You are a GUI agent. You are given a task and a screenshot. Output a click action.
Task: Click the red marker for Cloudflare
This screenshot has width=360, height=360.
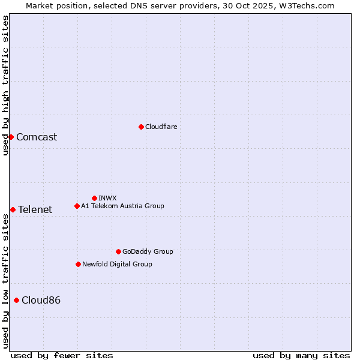(x=141, y=127)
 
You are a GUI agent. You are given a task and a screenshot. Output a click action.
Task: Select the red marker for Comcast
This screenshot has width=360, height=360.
(x=11, y=137)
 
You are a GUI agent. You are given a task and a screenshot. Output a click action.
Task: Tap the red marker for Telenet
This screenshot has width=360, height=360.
(x=13, y=209)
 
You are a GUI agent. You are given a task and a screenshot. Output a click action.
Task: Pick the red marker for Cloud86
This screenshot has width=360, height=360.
(x=16, y=300)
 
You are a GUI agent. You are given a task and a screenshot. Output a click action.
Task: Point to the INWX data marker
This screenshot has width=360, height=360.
(x=94, y=198)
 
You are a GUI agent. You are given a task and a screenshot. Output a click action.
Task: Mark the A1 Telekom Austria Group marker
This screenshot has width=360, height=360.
(x=77, y=206)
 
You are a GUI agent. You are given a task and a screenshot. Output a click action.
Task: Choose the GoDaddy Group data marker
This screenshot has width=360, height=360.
(x=118, y=251)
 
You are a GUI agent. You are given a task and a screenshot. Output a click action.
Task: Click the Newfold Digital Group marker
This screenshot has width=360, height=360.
(x=78, y=264)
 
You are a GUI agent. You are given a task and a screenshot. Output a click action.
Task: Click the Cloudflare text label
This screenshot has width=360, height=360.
(x=161, y=127)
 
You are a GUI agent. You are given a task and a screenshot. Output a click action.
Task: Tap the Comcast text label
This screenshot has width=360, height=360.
(x=37, y=137)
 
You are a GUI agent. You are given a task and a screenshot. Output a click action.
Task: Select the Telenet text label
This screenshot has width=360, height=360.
(x=35, y=209)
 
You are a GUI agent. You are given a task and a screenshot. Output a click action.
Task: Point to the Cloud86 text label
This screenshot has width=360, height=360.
(x=41, y=300)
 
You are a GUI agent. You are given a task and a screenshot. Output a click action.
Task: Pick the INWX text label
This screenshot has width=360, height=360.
(x=107, y=198)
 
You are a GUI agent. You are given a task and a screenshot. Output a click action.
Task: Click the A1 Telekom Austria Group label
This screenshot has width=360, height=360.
(x=122, y=206)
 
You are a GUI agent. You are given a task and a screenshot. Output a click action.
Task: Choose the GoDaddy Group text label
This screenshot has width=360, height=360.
(x=148, y=251)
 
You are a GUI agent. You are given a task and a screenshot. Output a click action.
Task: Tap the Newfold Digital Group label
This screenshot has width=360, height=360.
(x=117, y=264)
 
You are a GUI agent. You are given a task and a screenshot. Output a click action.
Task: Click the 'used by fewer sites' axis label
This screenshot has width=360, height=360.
(x=62, y=355)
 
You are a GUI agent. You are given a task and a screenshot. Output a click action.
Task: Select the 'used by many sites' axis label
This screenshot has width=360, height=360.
(x=301, y=355)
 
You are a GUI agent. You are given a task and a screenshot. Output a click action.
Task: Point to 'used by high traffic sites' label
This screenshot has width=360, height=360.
(x=5, y=85)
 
